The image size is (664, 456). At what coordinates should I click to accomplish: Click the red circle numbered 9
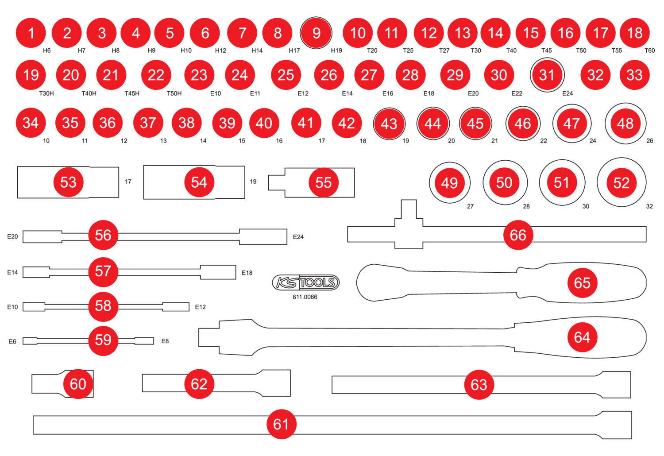[x=316, y=33]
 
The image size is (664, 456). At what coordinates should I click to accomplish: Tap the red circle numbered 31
[x=547, y=75]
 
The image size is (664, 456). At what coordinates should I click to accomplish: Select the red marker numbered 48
[x=625, y=124]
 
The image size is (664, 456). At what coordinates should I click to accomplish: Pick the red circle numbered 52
[x=621, y=183]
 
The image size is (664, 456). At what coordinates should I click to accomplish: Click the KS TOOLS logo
[x=305, y=282]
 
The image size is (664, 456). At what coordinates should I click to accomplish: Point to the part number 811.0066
[x=305, y=297]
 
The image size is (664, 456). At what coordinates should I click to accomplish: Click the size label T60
[x=649, y=50]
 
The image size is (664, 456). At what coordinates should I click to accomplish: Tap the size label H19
[x=336, y=50]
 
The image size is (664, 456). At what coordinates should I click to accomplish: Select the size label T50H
[x=174, y=93]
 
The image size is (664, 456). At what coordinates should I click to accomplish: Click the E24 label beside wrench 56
[x=298, y=237]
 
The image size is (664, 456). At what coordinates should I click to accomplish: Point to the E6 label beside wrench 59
[x=12, y=341]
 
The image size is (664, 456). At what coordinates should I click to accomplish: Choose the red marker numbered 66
[x=518, y=235]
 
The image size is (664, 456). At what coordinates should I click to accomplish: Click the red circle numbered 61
[x=281, y=424]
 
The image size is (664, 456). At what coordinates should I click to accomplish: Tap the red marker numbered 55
[x=324, y=182]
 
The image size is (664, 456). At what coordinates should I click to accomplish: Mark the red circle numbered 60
[x=78, y=384]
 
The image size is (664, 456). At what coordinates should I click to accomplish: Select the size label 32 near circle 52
[x=649, y=206]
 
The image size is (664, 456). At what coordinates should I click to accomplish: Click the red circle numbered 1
[x=31, y=33]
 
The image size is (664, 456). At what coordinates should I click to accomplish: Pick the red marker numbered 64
[x=582, y=337]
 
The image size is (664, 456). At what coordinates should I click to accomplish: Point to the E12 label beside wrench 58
[x=200, y=307]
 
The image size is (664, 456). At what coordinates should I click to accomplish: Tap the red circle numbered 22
[x=156, y=75]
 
